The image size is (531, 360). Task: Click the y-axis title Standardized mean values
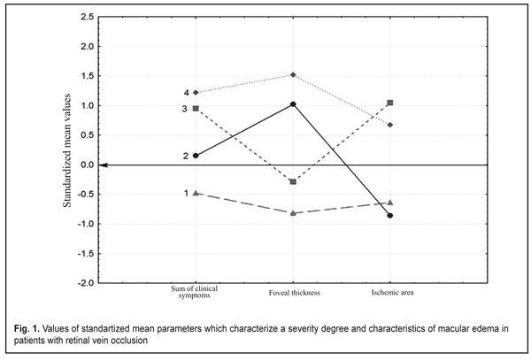point(65,150)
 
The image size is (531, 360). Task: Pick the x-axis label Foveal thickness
point(293,292)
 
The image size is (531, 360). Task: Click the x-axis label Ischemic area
point(390,292)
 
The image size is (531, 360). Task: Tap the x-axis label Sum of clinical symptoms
point(195,293)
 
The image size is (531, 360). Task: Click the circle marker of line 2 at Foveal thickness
point(293,104)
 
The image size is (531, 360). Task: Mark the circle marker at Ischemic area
point(390,216)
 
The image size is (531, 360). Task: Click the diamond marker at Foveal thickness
point(293,75)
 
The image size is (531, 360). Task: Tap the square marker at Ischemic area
point(390,103)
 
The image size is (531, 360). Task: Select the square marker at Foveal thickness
point(293,181)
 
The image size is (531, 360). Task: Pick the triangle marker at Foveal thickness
point(293,213)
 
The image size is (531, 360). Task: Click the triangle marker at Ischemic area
point(390,203)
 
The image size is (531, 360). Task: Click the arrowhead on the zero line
point(104,165)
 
